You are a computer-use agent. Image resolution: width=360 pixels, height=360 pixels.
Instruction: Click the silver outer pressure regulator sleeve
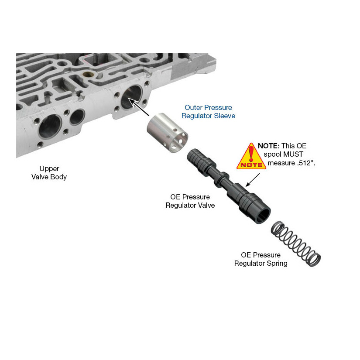[x=167, y=133]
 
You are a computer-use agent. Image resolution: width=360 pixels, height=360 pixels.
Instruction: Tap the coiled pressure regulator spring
[x=296, y=243]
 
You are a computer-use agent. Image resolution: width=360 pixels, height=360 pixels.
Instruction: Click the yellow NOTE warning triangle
[x=251, y=157]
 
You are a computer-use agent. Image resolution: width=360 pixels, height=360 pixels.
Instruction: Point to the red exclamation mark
[x=251, y=153]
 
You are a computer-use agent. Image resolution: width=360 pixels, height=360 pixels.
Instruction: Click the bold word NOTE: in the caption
[x=269, y=146]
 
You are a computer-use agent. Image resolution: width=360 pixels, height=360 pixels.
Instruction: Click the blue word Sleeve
[x=224, y=116]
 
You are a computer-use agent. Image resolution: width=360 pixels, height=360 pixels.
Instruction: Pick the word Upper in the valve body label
[x=49, y=169]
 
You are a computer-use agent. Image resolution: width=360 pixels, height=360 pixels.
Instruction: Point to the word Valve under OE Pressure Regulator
[x=206, y=205]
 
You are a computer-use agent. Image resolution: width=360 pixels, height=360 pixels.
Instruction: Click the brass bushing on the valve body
[x=88, y=74]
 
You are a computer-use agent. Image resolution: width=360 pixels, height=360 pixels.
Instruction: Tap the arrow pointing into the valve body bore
[x=139, y=107]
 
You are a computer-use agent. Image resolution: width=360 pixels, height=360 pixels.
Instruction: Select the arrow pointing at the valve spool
[x=253, y=180]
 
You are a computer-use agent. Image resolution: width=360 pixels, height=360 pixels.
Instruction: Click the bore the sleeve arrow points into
[x=131, y=97]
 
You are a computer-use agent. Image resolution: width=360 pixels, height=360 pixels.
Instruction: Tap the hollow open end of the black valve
[x=263, y=216]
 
